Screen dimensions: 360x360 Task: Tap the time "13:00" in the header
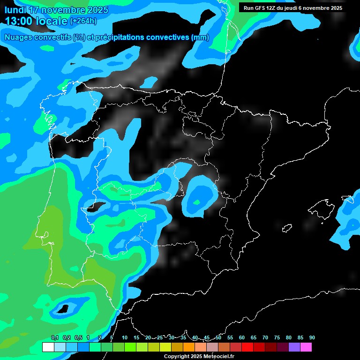21,21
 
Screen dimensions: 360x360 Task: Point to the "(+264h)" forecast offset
83,21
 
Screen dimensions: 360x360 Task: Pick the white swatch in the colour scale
48,347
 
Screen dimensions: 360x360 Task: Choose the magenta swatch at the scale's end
306,347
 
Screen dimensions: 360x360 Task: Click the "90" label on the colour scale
312,337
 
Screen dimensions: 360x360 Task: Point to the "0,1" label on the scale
54,337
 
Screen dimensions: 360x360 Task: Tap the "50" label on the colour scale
218,337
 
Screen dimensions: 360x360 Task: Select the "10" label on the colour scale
125,337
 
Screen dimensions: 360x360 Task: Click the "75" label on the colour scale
277,337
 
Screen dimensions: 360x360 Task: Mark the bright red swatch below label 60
247,347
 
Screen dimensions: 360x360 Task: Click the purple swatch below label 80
294,347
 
